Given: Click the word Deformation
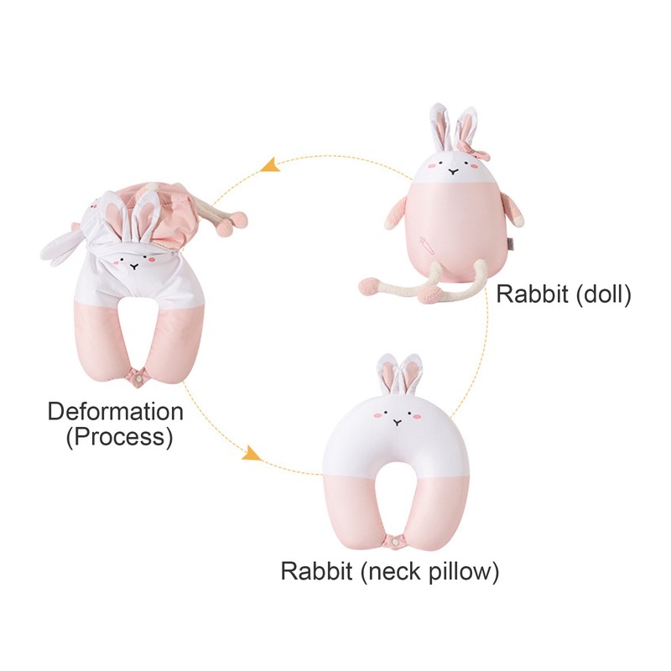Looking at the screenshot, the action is [115, 412].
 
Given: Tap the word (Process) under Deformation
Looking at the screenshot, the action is [119, 437].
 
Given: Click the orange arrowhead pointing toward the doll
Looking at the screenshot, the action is [269, 164].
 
